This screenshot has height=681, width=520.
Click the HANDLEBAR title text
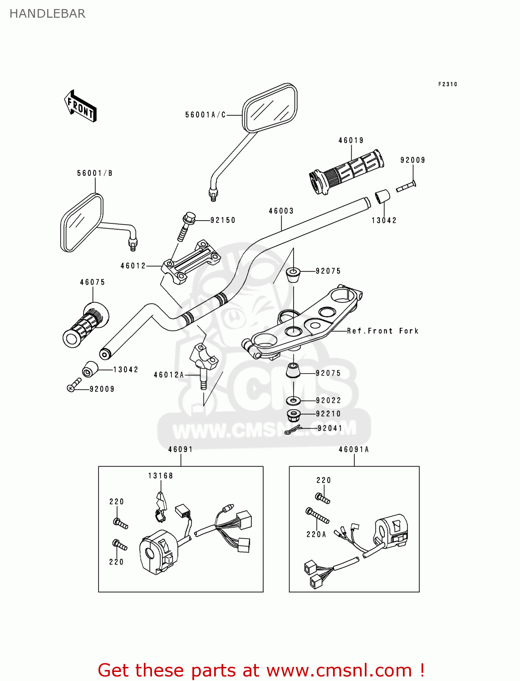click(x=47, y=14)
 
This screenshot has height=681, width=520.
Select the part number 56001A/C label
click(x=205, y=115)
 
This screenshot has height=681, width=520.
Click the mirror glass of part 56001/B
click(x=81, y=222)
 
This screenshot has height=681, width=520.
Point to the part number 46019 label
click(x=351, y=140)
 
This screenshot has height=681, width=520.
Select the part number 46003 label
click(x=281, y=211)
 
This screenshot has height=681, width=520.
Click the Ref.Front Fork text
click(x=383, y=331)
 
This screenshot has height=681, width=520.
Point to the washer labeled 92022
click(x=294, y=400)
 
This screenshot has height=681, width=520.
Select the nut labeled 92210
click(x=294, y=414)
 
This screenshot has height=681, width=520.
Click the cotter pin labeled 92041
click(x=293, y=429)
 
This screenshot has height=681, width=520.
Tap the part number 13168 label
click(x=160, y=476)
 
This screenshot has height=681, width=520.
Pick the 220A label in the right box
click(x=316, y=534)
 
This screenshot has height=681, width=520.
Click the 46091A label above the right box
click(x=353, y=449)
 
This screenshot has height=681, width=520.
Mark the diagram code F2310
click(x=447, y=84)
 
